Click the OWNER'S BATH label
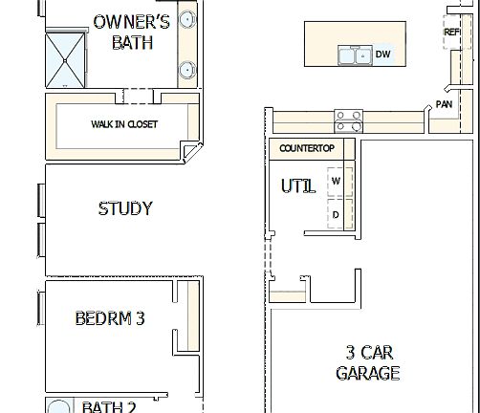click(132, 32)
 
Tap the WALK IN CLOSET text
click(124, 124)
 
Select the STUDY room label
click(125, 208)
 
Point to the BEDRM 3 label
click(110, 318)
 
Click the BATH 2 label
click(109, 407)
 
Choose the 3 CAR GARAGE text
click(368, 362)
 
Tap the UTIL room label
click(297, 186)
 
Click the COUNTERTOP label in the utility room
click(306, 148)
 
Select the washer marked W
click(336, 181)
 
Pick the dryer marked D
click(336, 214)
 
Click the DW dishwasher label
click(382, 54)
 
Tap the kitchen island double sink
click(354, 55)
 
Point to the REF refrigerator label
click(452, 33)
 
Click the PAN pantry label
click(444, 104)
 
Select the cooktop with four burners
click(348, 120)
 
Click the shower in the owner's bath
click(68, 60)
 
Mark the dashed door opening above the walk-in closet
click(138, 95)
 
